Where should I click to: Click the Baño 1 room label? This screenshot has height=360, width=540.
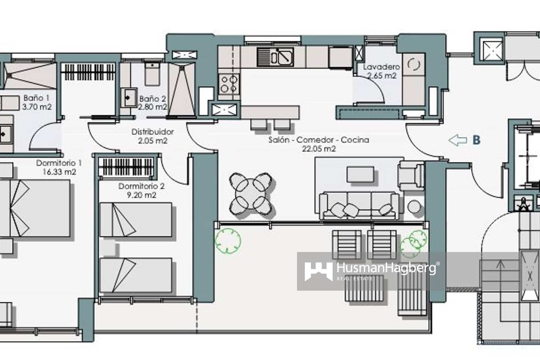(36, 98)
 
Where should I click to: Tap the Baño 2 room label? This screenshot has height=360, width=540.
(153, 99)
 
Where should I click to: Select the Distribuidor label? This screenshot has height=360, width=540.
(153, 132)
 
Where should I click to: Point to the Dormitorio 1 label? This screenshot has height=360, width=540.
(59, 163)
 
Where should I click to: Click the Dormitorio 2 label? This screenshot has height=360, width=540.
(141, 186)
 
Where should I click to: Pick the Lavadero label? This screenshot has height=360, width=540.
(381, 67)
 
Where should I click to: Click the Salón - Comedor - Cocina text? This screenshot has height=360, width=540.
(319, 140)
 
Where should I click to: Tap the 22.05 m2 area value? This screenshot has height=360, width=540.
(319, 149)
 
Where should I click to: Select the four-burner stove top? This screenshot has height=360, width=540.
(229, 84)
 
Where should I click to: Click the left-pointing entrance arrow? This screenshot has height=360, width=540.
(457, 140)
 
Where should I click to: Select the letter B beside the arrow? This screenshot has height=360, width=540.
(476, 140)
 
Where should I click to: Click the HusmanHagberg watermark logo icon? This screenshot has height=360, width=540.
(318, 271)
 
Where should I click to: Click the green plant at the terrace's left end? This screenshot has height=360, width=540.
(228, 240)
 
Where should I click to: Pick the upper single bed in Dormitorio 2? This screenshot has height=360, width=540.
(136, 220)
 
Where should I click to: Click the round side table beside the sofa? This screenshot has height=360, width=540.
(414, 206)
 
